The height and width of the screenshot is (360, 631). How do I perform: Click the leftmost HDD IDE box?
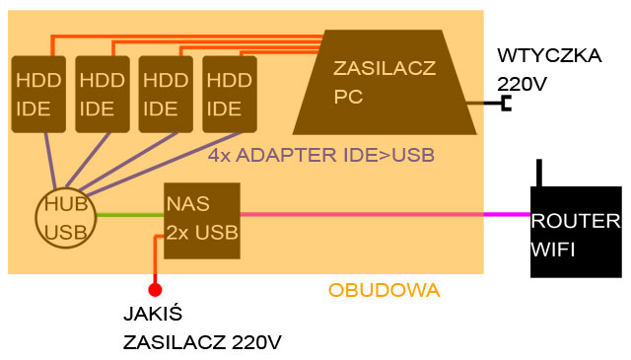point(36,94)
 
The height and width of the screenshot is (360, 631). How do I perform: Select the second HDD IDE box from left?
point(101,94)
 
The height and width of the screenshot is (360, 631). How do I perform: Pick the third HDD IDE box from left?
point(165,94)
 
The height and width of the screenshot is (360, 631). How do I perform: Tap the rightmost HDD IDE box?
point(229,94)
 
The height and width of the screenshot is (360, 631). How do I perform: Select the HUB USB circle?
point(65,216)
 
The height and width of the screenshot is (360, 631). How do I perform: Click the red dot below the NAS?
point(154,289)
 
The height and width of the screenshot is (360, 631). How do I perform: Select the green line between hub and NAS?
point(128,214)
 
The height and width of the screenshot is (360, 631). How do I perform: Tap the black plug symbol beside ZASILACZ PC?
point(506,103)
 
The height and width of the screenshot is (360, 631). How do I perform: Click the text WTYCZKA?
point(549,55)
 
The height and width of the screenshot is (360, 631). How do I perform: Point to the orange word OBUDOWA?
point(384,291)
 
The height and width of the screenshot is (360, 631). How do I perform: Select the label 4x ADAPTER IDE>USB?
point(321,156)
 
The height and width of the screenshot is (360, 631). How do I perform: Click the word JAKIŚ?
point(154,318)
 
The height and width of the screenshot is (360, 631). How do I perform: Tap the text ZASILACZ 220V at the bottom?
point(203,343)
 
